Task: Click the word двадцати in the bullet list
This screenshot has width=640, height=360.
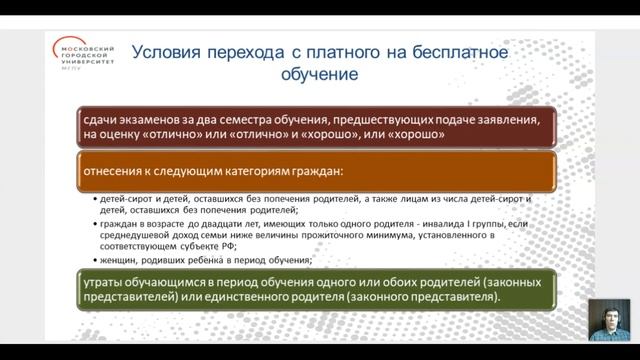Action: click(x=191, y=226)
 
